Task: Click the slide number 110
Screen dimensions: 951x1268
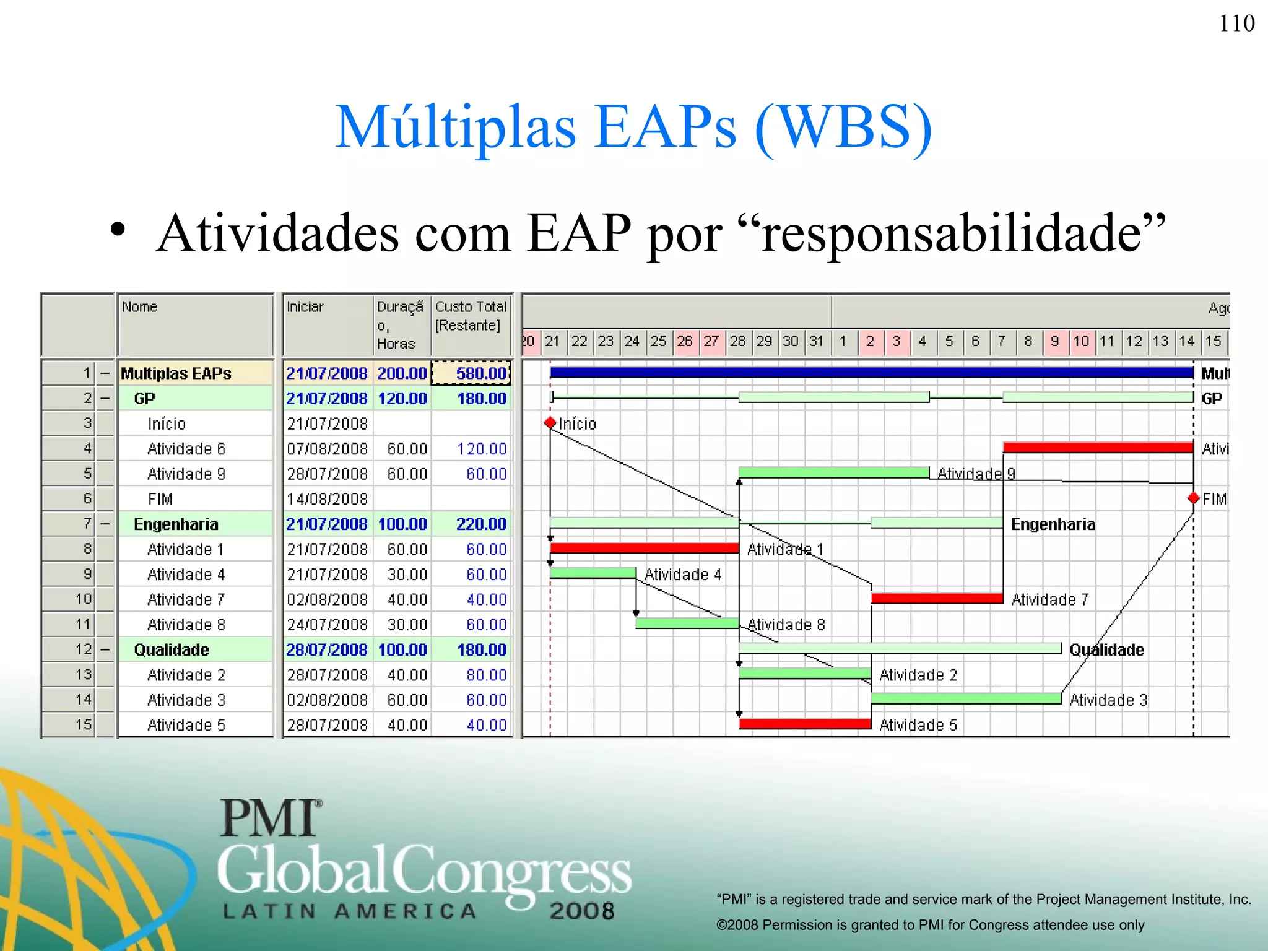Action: tap(1236, 24)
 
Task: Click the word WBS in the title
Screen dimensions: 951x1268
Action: tap(843, 127)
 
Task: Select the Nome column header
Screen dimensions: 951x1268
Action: tap(140, 307)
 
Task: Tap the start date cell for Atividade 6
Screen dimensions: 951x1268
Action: tap(327, 449)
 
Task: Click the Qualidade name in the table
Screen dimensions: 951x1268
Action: tap(172, 650)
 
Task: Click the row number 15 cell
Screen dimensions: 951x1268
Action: tap(84, 724)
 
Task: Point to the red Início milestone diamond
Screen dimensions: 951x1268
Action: tap(550, 423)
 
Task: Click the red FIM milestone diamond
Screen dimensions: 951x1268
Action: tap(1193, 498)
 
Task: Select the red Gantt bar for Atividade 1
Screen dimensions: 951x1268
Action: tap(644, 548)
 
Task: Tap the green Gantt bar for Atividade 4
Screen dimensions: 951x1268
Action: tap(593, 573)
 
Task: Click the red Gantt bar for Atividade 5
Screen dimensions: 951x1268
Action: tap(805, 723)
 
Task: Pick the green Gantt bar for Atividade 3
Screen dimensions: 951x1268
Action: tap(966, 698)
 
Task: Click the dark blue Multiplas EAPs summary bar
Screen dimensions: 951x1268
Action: tap(871, 372)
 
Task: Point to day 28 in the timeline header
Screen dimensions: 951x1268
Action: tap(737, 341)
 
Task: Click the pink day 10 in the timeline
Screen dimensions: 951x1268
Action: tap(1081, 341)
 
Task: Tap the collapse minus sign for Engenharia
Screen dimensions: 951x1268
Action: tap(105, 524)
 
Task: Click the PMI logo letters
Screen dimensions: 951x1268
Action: tap(271, 818)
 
